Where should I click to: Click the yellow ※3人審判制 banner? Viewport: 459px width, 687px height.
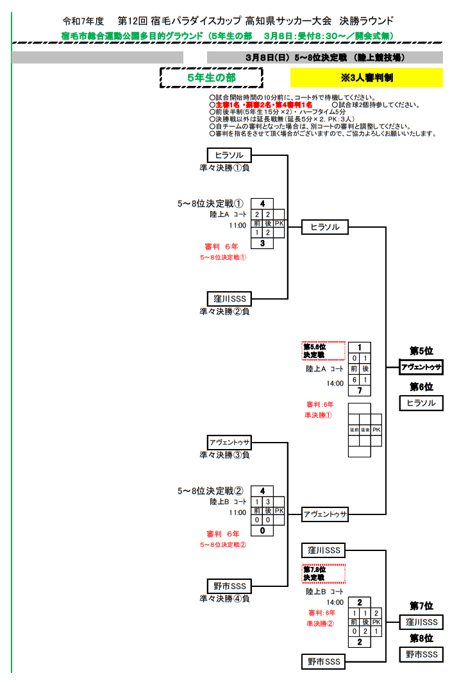[366, 77]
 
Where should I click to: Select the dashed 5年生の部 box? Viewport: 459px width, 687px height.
[211, 77]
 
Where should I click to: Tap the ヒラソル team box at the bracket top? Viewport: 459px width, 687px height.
[229, 155]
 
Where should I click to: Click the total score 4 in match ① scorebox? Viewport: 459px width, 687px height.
[262, 204]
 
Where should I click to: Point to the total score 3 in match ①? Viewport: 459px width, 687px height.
[262, 243]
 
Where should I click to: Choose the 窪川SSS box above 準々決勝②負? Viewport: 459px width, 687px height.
[229, 299]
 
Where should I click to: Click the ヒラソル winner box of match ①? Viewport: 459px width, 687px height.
[325, 227]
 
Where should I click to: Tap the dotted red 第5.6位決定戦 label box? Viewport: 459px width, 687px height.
[324, 351]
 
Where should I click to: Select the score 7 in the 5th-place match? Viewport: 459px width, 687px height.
[360, 391]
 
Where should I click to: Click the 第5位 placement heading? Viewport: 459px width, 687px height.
[421, 351]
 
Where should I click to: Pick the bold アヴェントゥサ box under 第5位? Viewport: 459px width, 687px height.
[421, 368]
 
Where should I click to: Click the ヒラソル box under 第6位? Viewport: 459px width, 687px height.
[421, 403]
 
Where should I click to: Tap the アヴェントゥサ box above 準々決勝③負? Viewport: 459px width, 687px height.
[229, 443]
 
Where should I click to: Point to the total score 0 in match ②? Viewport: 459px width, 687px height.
[262, 530]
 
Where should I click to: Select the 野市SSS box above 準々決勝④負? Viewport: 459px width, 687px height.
[229, 586]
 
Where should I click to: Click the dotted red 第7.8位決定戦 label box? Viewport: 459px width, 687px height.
[324, 573]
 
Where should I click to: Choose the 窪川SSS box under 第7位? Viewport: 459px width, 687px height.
[421, 622]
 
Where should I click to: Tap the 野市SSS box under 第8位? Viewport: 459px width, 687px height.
[421, 654]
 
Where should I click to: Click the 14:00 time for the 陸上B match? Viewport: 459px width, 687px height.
[335, 602]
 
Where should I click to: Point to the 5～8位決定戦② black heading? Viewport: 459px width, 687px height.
[211, 491]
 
